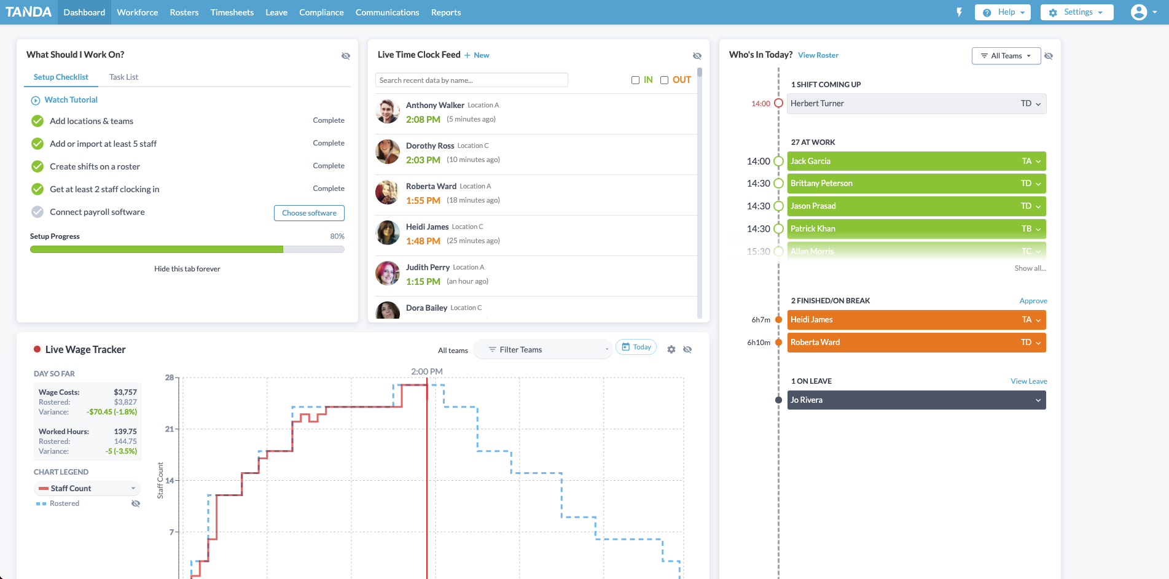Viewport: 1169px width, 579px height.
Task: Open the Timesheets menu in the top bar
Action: pos(232,12)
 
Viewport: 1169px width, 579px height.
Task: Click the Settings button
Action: pos(1076,12)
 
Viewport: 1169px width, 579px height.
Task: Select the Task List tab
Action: pos(123,77)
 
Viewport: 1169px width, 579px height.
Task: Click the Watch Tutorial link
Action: pos(71,99)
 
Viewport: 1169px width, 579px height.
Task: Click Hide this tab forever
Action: pos(187,269)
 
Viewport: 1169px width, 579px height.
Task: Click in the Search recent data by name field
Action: pos(471,80)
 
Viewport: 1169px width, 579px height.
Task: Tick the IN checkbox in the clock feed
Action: pos(636,80)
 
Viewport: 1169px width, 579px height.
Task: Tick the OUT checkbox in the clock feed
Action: pos(664,80)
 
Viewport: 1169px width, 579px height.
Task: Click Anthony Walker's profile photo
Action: pos(388,111)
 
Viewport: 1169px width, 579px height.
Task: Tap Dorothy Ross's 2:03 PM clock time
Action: pos(423,160)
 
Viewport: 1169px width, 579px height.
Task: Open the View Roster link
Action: pos(818,55)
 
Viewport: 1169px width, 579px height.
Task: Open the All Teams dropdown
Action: pos(1006,56)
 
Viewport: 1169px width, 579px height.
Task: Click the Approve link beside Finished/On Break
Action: pos(1033,301)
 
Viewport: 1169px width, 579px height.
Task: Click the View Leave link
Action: pos(1028,381)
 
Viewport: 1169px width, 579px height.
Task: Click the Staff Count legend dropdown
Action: pos(87,488)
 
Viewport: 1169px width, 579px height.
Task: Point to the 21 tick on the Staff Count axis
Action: pos(170,429)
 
